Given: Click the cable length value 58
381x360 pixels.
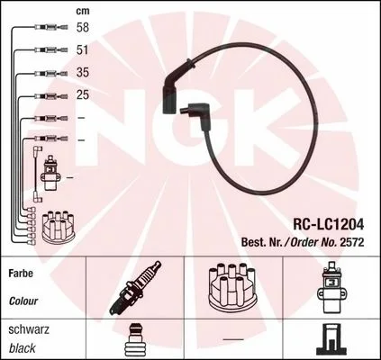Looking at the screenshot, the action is [x=83, y=27].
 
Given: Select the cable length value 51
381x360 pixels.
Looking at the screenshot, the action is [x=83, y=49].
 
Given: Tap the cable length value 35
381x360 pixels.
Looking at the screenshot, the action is [x=83, y=72].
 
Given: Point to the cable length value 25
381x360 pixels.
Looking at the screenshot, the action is [x=83, y=94].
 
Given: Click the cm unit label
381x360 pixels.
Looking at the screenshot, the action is [x=83, y=11].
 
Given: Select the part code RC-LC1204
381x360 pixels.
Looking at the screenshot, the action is [x=328, y=224].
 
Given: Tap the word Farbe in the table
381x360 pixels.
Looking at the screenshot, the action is [x=21, y=274].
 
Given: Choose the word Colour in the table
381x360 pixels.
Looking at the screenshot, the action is [x=23, y=301].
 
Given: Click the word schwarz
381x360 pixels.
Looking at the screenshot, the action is [x=29, y=329].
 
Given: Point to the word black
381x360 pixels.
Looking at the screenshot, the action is [x=23, y=348].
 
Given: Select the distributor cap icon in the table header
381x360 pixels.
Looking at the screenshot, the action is [x=232, y=287].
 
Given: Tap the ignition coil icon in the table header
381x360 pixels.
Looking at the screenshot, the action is [x=331, y=288].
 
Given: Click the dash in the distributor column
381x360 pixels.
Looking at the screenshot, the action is [x=233, y=339].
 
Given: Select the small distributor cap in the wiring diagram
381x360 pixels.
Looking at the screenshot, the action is [x=59, y=227].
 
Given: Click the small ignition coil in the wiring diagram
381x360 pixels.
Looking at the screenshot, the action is [x=50, y=173].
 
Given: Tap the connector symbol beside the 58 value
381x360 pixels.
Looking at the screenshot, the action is [x=51, y=27].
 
